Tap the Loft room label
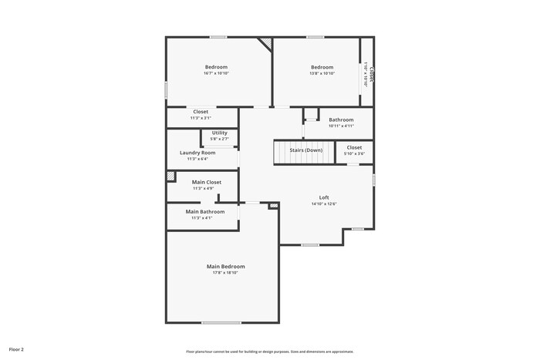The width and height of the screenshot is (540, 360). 324,197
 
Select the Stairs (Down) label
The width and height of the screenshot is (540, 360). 305,150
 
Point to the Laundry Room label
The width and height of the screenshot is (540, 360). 197,153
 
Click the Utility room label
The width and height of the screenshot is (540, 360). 220,133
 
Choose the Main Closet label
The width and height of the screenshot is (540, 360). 207,182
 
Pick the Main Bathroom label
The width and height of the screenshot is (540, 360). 205,211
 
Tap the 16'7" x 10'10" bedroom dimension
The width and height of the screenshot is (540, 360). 216,73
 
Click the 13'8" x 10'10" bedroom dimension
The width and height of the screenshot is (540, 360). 322,73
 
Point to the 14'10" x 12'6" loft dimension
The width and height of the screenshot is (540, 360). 324,204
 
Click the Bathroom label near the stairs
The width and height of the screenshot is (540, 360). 341,119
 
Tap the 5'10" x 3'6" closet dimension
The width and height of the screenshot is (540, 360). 354,153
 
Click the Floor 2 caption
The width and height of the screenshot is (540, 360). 16,349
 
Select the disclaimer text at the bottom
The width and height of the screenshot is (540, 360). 269,350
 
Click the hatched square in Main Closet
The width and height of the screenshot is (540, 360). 171,176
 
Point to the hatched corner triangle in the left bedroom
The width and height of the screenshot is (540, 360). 266,44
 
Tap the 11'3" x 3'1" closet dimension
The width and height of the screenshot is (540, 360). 201,118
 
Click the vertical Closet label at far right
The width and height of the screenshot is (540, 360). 372,74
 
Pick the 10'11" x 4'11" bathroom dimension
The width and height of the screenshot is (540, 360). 341,126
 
